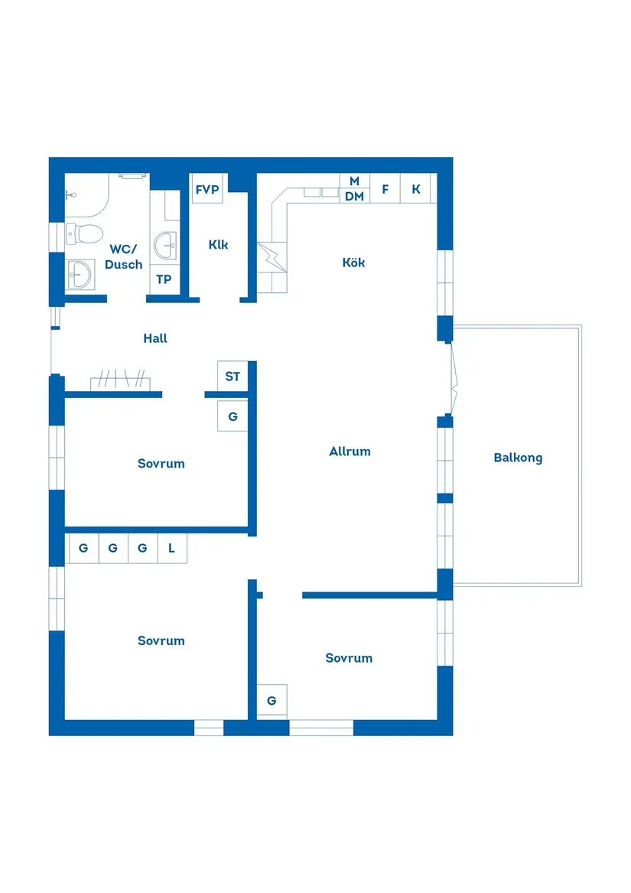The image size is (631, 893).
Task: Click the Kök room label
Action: coord(353,262)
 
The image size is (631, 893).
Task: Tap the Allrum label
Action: coord(350,451)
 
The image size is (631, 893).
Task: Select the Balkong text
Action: coord(518,458)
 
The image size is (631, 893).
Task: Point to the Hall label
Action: coord(155,338)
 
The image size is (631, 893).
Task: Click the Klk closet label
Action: coord(218,245)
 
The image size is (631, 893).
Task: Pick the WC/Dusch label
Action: coord(125,256)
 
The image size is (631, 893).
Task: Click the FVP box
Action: coord(207,190)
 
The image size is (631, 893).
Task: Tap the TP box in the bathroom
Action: coord(164,279)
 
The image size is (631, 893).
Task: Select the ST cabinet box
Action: coord(233,376)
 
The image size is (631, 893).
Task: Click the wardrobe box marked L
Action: coord(172,548)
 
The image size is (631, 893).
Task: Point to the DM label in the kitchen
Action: coord(354,197)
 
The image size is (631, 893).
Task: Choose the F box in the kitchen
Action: coord(385,189)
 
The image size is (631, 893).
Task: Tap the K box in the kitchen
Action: coord(416,189)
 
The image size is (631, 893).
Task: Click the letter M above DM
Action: coord(354,181)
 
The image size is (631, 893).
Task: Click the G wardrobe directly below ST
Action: coord(233,417)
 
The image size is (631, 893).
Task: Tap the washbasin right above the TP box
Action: coord(165,246)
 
